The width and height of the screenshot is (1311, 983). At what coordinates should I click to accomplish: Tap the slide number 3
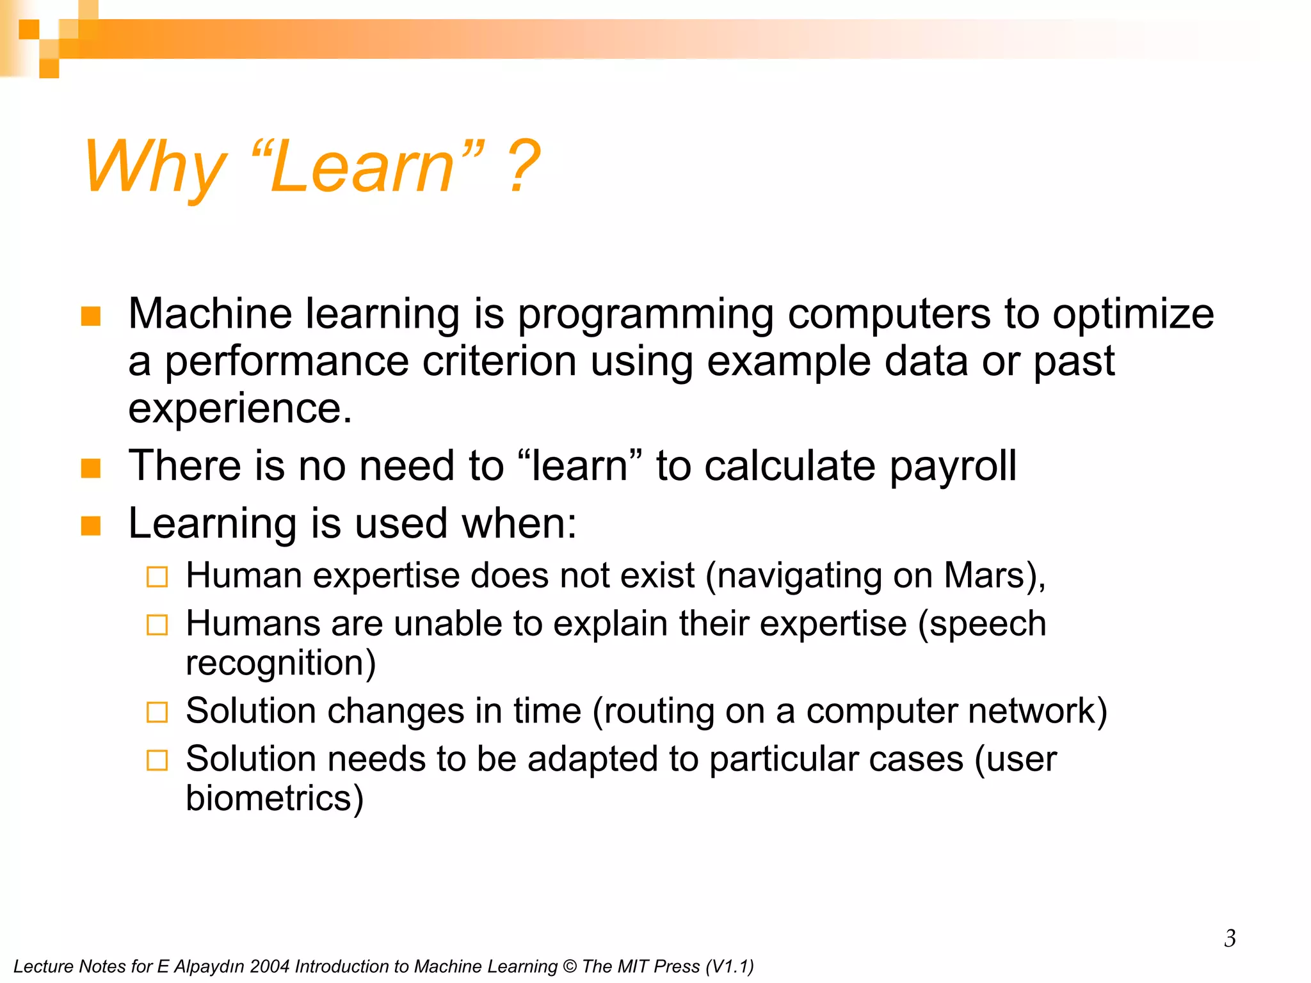pyautogui.click(x=1230, y=938)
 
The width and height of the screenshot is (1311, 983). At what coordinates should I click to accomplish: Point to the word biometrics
pyautogui.click(x=274, y=798)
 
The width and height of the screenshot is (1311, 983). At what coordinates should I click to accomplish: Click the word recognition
pyautogui.click(x=280, y=662)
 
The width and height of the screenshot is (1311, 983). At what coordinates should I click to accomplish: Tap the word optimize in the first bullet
pyautogui.click(x=1133, y=314)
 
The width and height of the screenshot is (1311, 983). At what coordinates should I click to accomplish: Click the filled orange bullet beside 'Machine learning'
pyautogui.click(x=91, y=316)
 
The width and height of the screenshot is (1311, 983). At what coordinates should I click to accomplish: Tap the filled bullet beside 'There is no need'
pyautogui.click(x=91, y=468)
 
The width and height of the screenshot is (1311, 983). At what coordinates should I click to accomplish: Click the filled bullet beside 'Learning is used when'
pyautogui.click(x=91, y=525)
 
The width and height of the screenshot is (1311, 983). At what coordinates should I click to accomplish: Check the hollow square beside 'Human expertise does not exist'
pyautogui.click(x=157, y=577)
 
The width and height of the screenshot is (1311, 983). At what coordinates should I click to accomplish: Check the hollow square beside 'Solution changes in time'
pyautogui.click(x=157, y=712)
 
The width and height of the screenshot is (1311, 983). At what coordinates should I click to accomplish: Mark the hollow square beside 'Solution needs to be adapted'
pyautogui.click(x=157, y=760)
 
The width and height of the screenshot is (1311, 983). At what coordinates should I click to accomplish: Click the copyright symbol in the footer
pyautogui.click(x=569, y=966)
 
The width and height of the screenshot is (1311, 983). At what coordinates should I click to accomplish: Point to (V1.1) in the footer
pyautogui.click(x=729, y=966)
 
